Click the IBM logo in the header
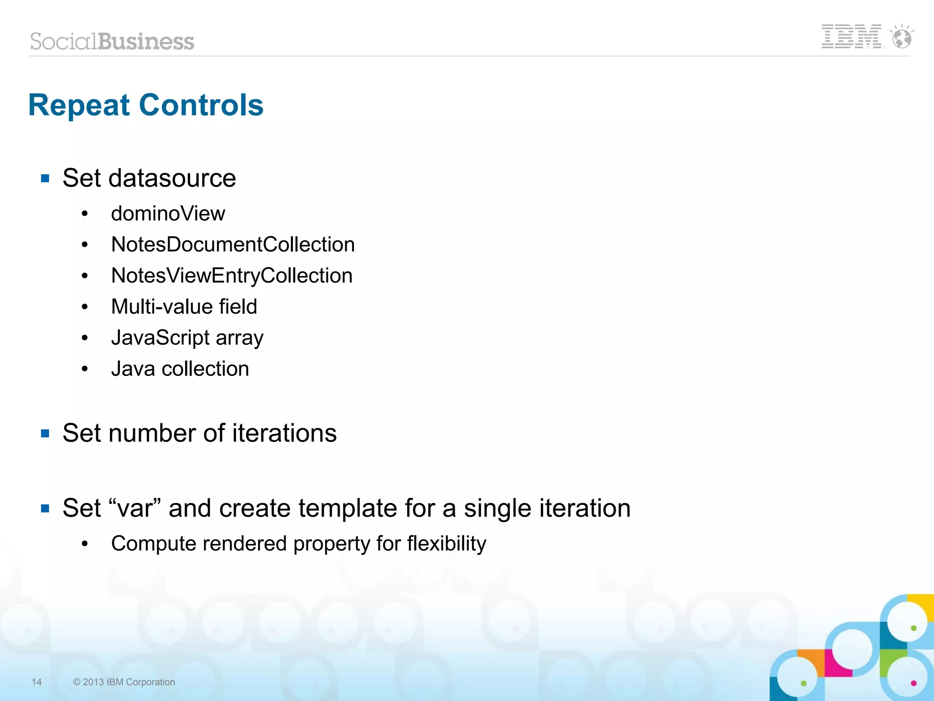pos(851,36)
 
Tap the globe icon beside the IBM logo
pos(902,37)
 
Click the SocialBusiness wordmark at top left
pos(112,42)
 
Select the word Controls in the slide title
pos(201,105)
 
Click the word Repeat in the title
pos(79,105)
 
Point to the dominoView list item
pos(168,213)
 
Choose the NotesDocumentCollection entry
pos(233,244)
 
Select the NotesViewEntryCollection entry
pos(232,275)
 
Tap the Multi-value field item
pos(184,306)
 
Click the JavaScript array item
pos(187,338)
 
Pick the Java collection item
pos(180,369)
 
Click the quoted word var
pos(135,508)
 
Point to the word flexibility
pos(446,544)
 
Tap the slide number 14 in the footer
pos(36,682)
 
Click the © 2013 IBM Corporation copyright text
pos(124,682)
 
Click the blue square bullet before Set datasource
pos(45,178)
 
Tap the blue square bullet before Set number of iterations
pos(45,433)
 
